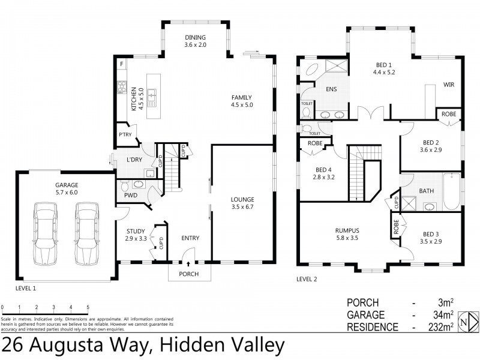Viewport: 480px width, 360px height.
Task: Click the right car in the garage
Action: pyautogui.click(x=86, y=233)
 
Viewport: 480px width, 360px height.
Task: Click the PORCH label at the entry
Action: pyautogui.click(x=190, y=274)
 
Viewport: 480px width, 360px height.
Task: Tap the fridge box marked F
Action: pyautogui.click(x=122, y=64)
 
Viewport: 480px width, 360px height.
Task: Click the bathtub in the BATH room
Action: pyautogui.click(x=451, y=192)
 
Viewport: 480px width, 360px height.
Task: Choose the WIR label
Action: pyautogui.click(x=449, y=85)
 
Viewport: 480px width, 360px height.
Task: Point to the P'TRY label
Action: pyautogui.click(x=125, y=134)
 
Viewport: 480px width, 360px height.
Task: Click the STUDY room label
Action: pyautogui.click(x=135, y=235)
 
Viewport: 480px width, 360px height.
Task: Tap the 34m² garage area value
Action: pyautogui.click(x=443, y=315)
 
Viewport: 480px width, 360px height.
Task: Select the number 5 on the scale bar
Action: pyautogui.click(x=88, y=307)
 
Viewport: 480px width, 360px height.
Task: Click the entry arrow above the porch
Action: pyautogui.click(x=189, y=263)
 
